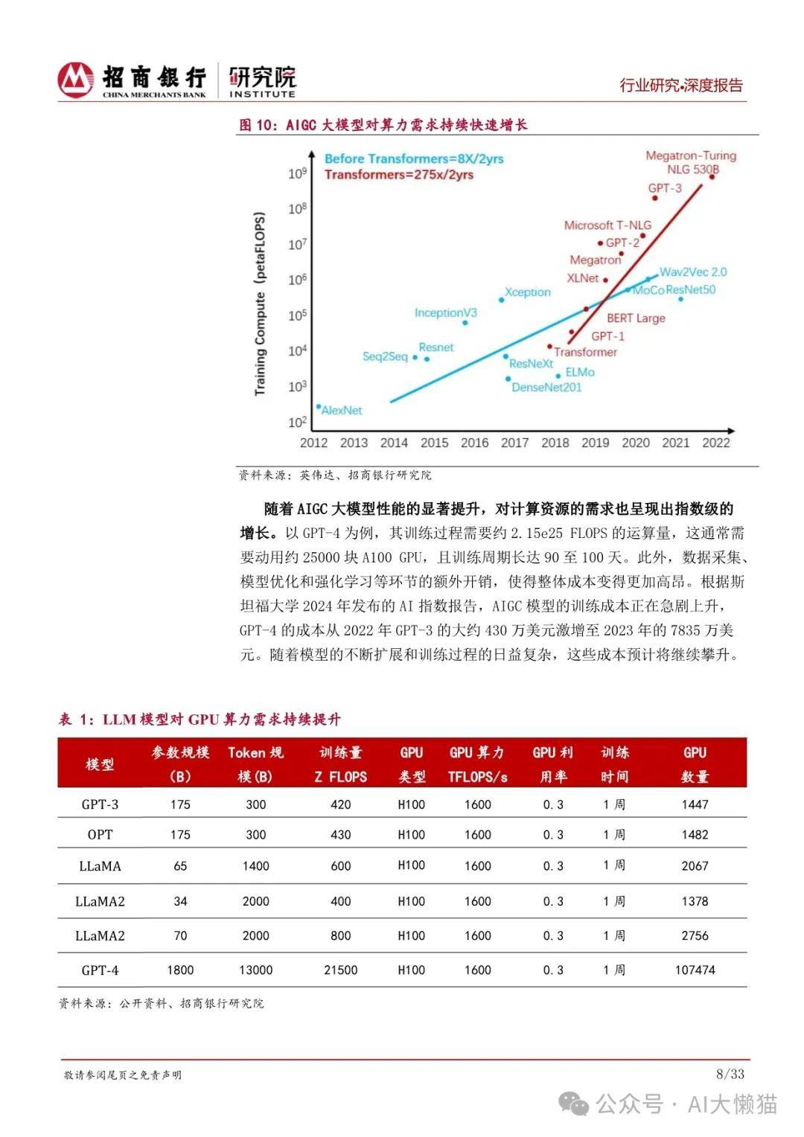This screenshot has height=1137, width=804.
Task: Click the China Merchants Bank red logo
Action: (x=76, y=80)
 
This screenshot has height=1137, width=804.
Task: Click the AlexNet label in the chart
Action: (x=341, y=410)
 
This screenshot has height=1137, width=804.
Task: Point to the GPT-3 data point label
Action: (x=664, y=188)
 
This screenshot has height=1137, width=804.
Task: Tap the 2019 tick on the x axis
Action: (x=595, y=443)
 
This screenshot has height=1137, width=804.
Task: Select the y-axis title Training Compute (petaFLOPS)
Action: (x=260, y=304)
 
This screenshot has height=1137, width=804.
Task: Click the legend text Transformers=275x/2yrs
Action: (x=398, y=175)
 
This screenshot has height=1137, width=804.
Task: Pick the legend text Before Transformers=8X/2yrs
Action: (x=414, y=158)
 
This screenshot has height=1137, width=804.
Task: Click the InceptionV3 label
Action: (x=445, y=313)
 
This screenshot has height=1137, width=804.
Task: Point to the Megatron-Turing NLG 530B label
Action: (x=690, y=162)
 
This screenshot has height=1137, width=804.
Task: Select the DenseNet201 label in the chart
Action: (x=546, y=387)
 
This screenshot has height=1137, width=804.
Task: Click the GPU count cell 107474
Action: (x=695, y=970)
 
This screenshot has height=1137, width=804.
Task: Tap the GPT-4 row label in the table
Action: (x=100, y=970)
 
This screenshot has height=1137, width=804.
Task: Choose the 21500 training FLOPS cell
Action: (x=340, y=970)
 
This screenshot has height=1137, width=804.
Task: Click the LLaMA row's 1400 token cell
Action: (x=255, y=866)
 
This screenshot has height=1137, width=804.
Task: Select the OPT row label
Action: (x=100, y=835)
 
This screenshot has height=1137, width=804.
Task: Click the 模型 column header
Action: (x=100, y=764)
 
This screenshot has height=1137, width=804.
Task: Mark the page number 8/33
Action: (x=730, y=1074)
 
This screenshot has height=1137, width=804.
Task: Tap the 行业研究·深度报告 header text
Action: (x=681, y=86)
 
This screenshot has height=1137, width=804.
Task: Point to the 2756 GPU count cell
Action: (x=695, y=935)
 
